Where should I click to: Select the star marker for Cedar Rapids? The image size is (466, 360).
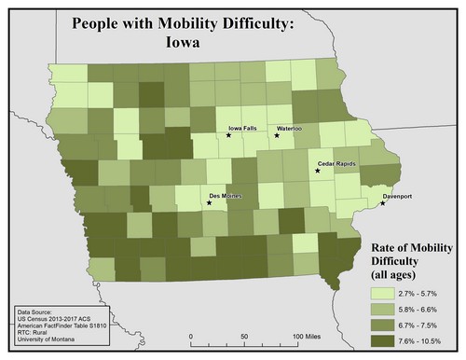[x=317, y=171]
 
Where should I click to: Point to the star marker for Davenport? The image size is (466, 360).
[x=383, y=203]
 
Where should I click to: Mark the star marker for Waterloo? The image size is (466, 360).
[x=277, y=136]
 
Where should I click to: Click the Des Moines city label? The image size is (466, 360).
[x=227, y=195]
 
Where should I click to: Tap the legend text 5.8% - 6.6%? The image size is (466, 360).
[x=412, y=310]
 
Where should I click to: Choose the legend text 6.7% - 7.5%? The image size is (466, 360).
[x=412, y=326]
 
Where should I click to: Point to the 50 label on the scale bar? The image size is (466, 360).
[x=244, y=334]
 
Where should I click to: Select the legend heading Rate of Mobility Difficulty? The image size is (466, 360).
[x=406, y=259]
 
